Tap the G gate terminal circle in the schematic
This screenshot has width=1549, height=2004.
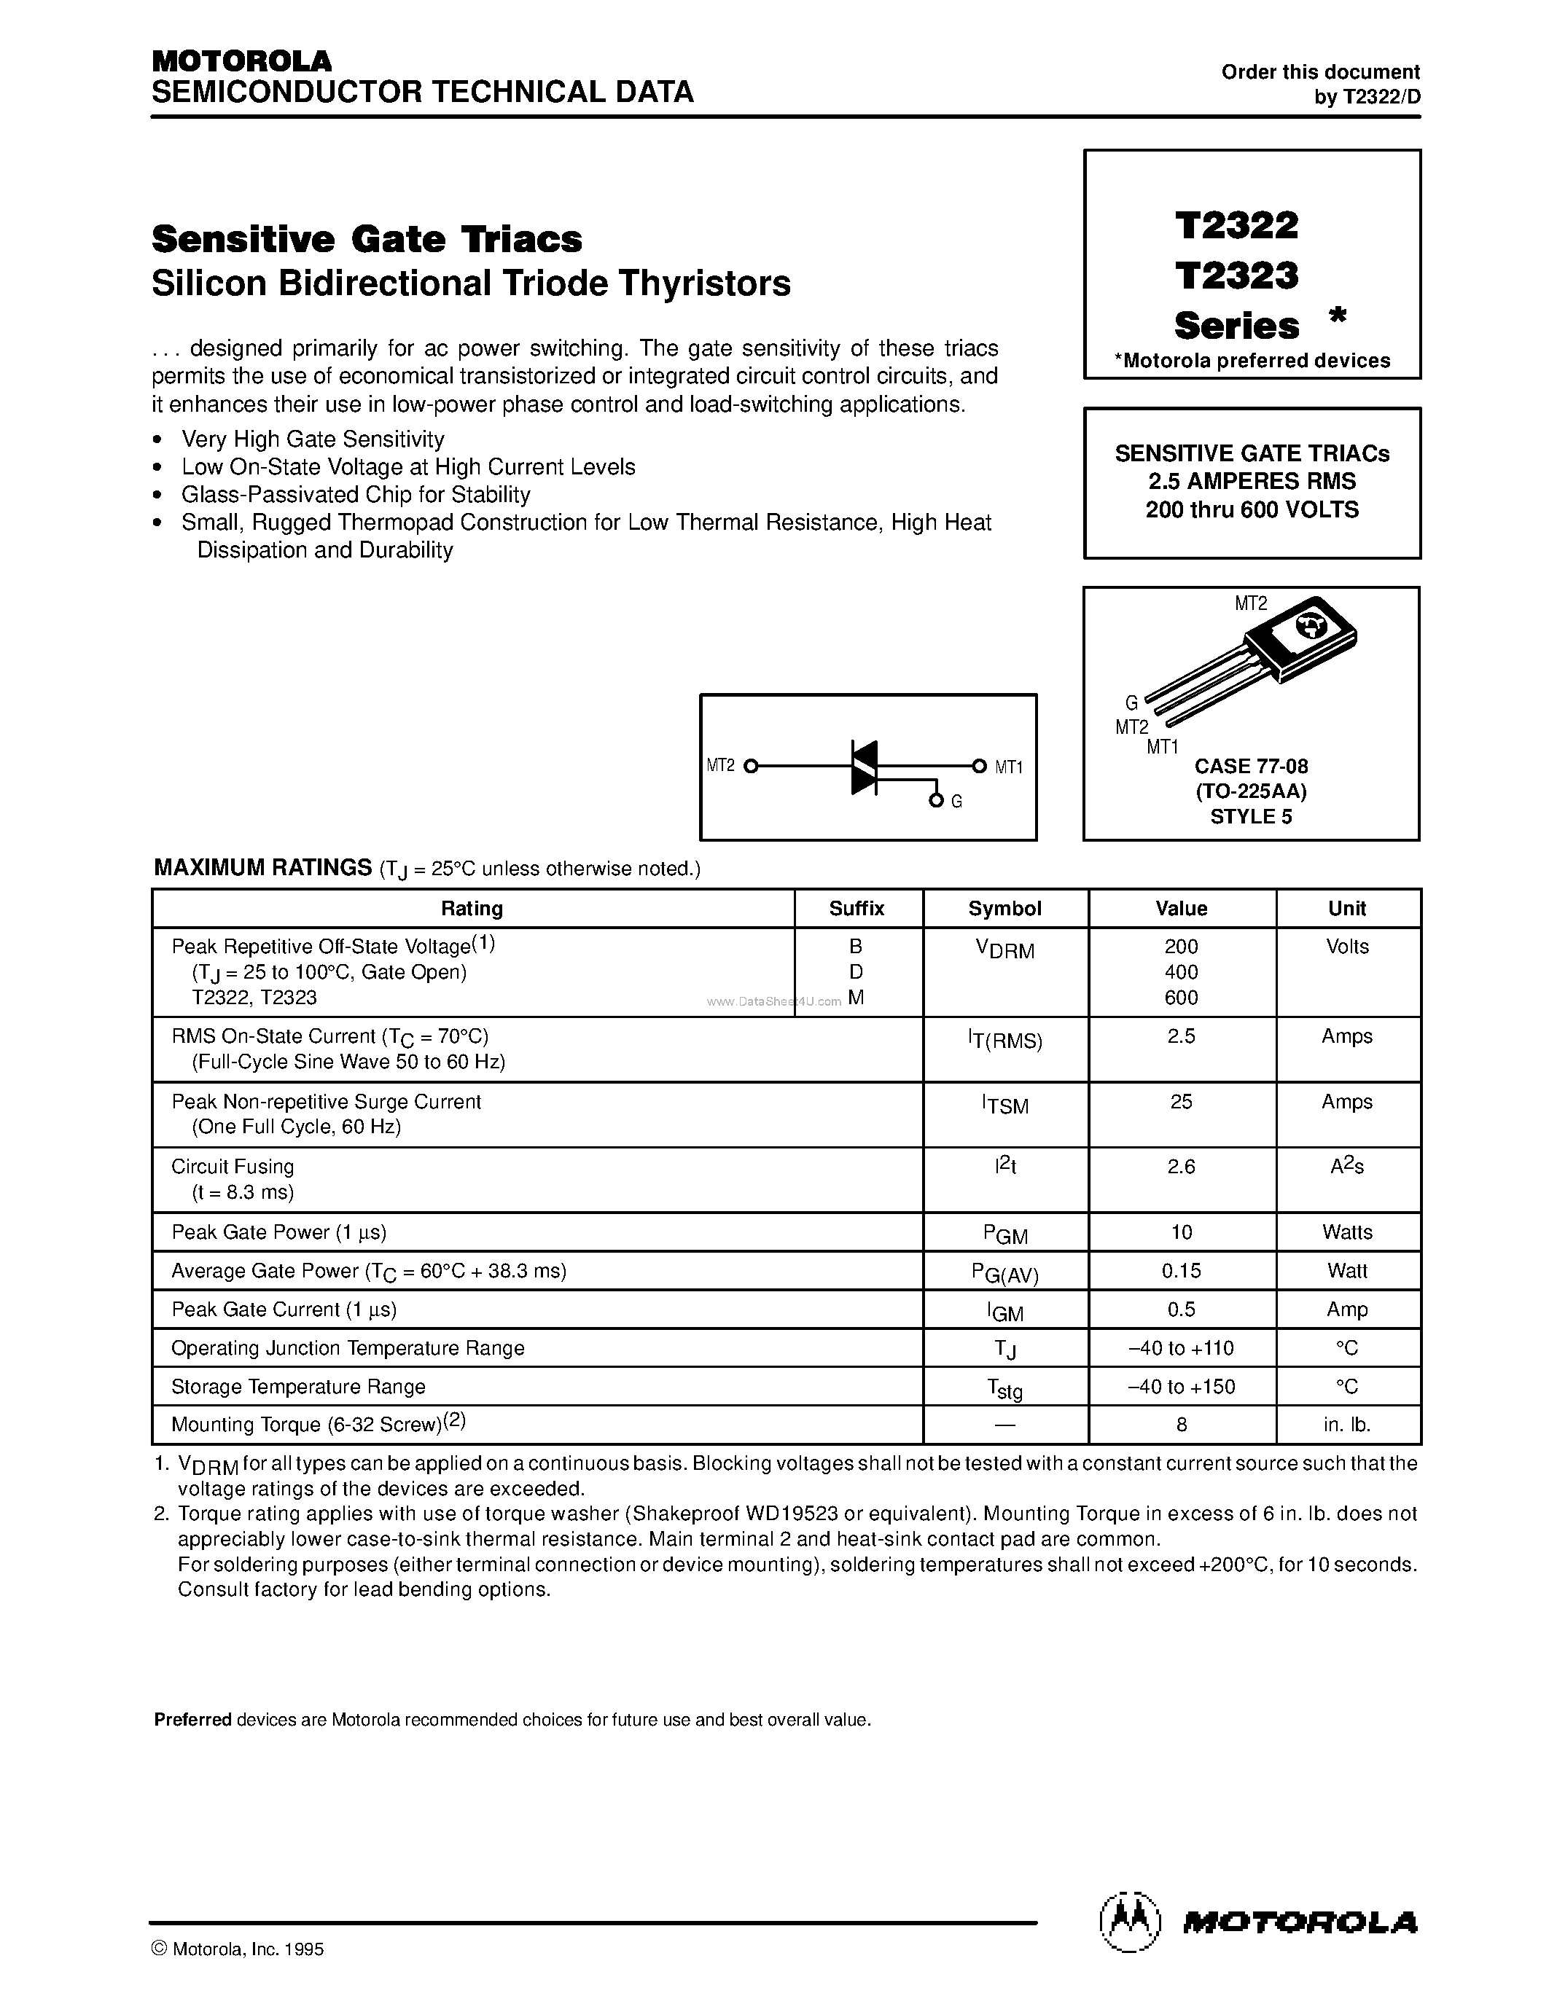pyautogui.click(x=936, y=801)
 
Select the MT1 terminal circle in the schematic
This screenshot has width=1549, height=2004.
pyautogui.click(x=979, y=766)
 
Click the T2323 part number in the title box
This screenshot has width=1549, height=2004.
pyautogui.click(x=1236, y=275)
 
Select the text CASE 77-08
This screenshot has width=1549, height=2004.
pyautogui.click(x=1251, y=766)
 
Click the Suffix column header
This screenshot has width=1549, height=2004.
pyautogui.click(x=857, y=909)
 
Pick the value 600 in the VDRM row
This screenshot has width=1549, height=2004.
pyautogui.click(x=1181, y=998)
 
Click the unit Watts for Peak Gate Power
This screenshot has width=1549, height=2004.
pyautogui.click(x=1347, y=1232)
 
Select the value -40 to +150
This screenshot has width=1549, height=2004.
pyautogui.click(x=1181, y=1387)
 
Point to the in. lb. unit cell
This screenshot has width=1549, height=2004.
pyautogui.click(x=1347, y=1425)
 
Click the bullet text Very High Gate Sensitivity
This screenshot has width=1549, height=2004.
pyautogui.click(x=313, y=439)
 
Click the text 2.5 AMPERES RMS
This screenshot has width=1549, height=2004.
pyautogui.click(x=1252, y=481)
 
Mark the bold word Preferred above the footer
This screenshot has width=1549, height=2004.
pyautogui.click(x=192, y=1721)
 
